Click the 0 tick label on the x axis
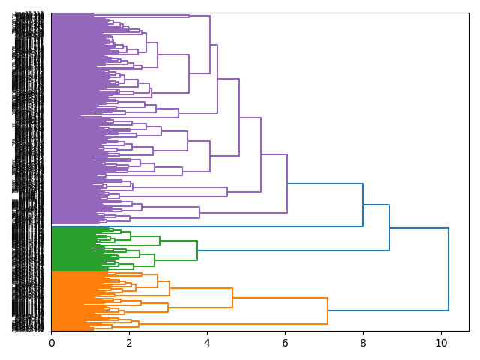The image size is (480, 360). tap(51, 343)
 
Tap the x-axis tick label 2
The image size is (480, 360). tap(129, 343)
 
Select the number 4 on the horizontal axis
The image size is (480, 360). tap(207, 343)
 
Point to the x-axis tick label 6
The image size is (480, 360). tap(285, 343)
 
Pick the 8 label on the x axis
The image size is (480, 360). tap(363, 343)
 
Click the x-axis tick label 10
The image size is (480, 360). tap(441, 343)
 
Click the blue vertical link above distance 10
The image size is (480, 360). tap(448, 268)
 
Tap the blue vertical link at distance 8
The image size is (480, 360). tap(363, 205)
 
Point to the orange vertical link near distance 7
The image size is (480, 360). tap(328, 310)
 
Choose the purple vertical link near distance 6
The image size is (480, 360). tap(287, 184)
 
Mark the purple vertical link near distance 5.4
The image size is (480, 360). tap(261, 154)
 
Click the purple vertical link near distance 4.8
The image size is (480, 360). tap(239, 117)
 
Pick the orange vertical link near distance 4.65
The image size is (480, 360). tap(232, 298)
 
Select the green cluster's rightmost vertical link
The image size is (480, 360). tap(197, 250)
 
